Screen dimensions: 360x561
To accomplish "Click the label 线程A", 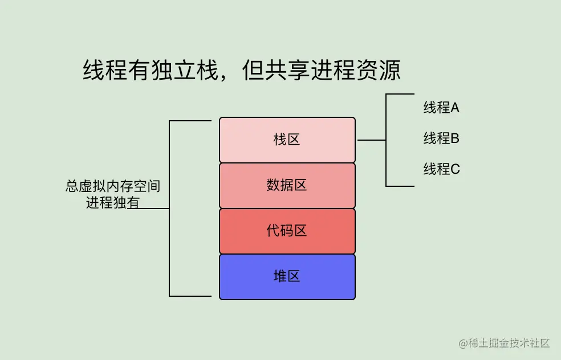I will [x=441, y=108].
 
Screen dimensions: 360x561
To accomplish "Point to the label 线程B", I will [x=441, y=138].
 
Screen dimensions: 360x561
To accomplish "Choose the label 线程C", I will [x=441, y=169].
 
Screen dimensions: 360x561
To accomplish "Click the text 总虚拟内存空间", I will [x=113, y=186].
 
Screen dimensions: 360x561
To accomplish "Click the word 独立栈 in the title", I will [x=185, y=71].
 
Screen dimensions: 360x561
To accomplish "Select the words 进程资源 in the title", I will [x=356, y=71].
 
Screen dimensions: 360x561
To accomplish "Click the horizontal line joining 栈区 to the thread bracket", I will [x=371, y=140].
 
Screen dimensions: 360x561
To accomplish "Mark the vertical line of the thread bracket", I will [x=387, y=140].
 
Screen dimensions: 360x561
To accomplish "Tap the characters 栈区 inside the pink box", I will [x=287, y=140].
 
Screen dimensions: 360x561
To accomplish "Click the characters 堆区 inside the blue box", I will [x=287, y=277].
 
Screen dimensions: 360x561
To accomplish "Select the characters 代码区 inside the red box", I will [x=287, y=231].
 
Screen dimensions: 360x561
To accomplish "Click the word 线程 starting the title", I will [x=105, y=71].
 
